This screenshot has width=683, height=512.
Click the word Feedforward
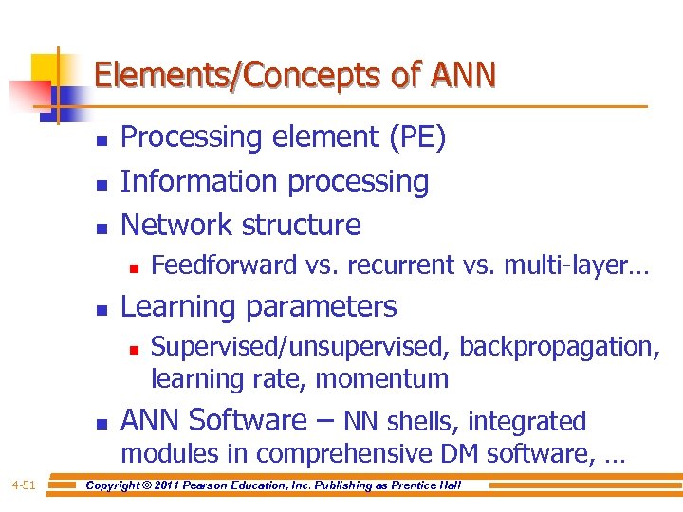coord(224,265)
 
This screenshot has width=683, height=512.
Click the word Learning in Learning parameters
coord(177,307)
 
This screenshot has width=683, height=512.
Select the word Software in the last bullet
coord(252,420)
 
